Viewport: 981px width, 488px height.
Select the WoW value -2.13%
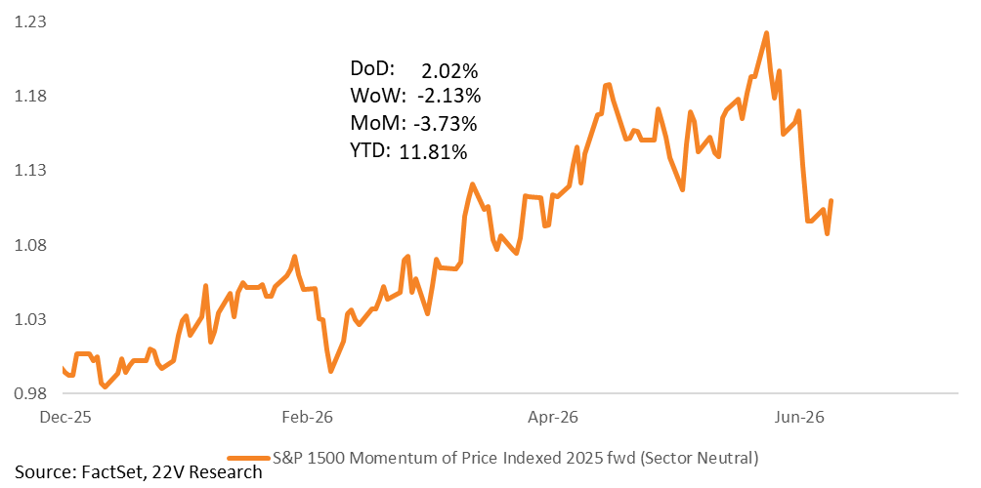click(x=448, y=97)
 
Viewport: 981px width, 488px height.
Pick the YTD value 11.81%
click(x=433, y=150)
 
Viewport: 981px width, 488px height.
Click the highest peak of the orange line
click(x=766, y=33)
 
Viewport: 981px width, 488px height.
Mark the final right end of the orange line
click(x=832, y=201)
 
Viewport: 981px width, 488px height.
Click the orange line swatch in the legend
click(x=249, y=459)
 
